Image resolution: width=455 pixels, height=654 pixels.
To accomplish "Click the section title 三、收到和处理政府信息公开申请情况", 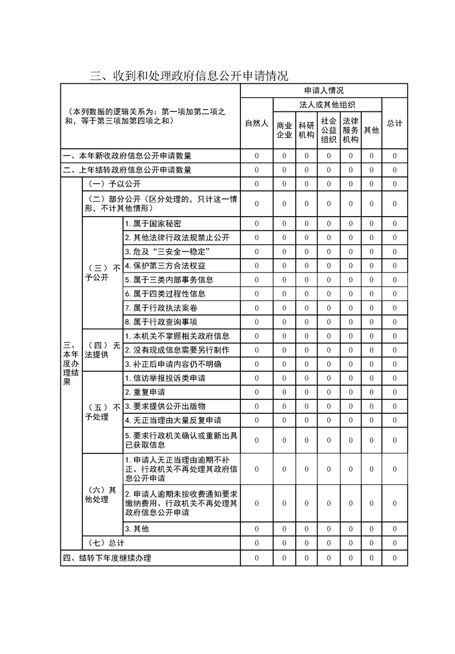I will click(189, 76).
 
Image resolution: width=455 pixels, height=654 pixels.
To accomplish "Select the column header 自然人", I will click(257, 124).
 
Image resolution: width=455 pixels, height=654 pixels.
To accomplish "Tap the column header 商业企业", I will click(284, 130).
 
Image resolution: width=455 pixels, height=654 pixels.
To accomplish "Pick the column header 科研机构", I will click(306, 130).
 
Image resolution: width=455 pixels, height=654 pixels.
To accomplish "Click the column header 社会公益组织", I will click(328, 130).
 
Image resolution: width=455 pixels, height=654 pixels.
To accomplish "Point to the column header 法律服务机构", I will click(350, 130).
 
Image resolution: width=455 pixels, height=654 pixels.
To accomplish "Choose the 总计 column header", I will click(395, 124).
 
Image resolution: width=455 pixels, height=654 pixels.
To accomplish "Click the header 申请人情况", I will click(324, 91).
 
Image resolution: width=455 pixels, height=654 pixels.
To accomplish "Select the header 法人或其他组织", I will click(327, 105).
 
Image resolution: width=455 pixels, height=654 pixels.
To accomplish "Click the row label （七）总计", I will click(104, 543).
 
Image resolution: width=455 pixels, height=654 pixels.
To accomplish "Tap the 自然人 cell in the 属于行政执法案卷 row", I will click(257, 308).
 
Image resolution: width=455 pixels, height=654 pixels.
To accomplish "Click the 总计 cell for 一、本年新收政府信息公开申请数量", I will click(395, 156).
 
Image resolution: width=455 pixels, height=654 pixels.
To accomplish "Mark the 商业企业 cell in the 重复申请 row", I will click(284, 392).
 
